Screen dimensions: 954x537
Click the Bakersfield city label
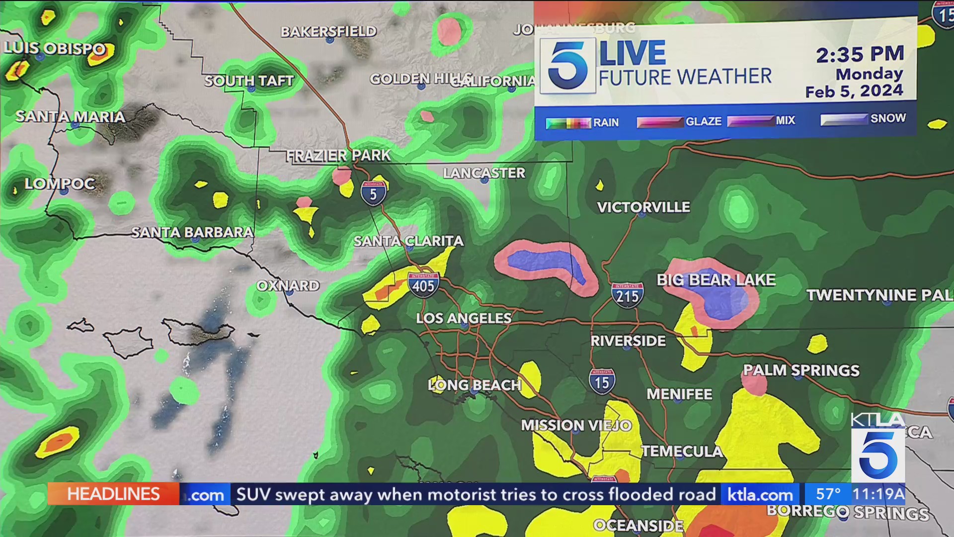[x=328, y=32]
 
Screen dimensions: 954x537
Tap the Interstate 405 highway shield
[x=423, y=284]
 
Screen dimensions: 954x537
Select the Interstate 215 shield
[x=627, y=295]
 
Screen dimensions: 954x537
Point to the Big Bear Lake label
[x=716, y=280]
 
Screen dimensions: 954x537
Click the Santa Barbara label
[x=192, y=232]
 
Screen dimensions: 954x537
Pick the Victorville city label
[x=643, y=207]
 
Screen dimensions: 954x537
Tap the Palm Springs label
[x=801, y=370]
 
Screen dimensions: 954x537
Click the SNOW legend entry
[x=888, y=118]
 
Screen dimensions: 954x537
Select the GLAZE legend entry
[x=703, y=121]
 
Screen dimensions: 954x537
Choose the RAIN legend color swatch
[x=568, y=123]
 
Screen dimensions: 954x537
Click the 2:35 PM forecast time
[x=860, y=54]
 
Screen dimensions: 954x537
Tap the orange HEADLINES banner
[x=113, y=494]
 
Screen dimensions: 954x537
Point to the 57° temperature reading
[x=828, y=494]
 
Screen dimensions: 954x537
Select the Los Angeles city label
[x=464, y=318]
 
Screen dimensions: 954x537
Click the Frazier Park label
[x=338, y=156]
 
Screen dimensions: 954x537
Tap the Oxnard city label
[x=288, y=286]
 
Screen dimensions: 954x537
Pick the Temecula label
[x=682, y=451]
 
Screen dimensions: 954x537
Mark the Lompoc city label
[x=60, y=184]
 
